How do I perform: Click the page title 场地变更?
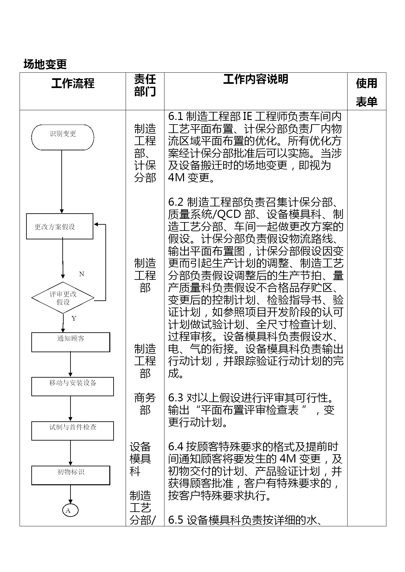click(45, 64)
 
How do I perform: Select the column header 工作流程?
click(73, 83)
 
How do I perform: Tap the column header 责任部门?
click(145, 85)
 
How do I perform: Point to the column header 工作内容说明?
click(256, 79)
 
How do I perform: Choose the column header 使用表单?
click(366, 92)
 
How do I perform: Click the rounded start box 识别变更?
click(63, 137)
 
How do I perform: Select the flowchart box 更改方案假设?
click(59, 227)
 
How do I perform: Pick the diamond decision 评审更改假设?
click(63, 298)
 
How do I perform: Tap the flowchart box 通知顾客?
click(70, 342)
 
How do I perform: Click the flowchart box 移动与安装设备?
click(72, 386)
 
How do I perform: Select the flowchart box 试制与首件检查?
click(72, 431)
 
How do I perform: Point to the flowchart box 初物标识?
click(70, 475)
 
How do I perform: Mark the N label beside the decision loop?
click(82, 274)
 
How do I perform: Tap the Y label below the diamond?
click(74, 319)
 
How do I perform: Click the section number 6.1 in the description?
click(176, 116)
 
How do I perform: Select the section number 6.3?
click(176, 398)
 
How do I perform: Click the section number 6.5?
click(176, 520)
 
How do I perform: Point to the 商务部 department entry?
click(145, 404)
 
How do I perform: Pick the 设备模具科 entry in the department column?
click(140, 459)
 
